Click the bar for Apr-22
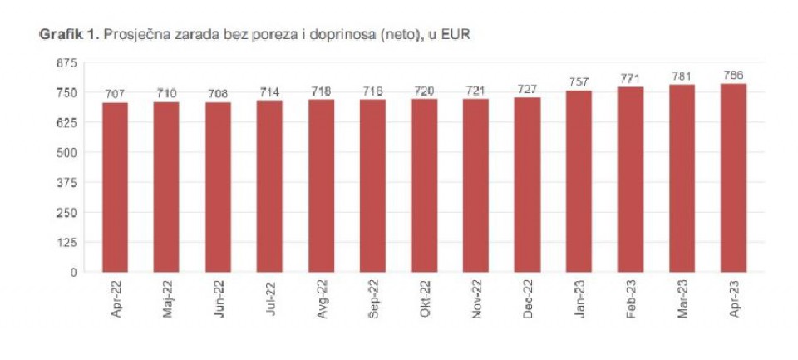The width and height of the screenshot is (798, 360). (x=115, y=187)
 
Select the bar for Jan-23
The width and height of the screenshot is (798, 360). (x=579, y=181)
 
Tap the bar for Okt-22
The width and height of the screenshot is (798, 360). (x=424, y=185)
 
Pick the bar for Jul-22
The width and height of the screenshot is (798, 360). (x=269, y=186)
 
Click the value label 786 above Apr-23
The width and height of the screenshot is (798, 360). (x=733, y=76)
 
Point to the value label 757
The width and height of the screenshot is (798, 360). (x=579, y=82)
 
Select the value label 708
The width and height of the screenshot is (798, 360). (x=218, y=94)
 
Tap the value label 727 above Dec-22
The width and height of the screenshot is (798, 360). (x=527, y=90)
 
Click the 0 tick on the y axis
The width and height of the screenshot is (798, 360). (x=73, y=272)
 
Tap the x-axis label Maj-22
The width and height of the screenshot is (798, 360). (x=166, y=298)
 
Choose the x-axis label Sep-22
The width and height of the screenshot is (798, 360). (x=372, y=298)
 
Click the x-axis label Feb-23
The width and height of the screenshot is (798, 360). (x=630, y=298)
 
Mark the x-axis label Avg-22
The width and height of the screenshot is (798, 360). (x=321, y=298)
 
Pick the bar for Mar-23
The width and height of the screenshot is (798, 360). (x=682, y=178)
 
